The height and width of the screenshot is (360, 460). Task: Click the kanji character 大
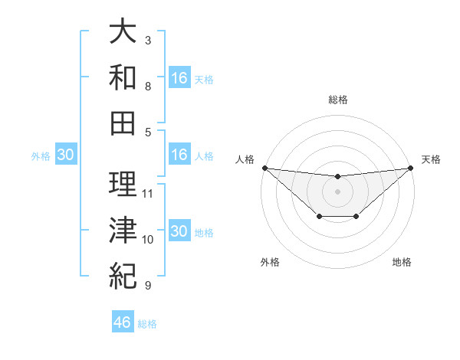[x=123, y=31]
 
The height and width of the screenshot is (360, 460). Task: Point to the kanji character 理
[x=123, y=184]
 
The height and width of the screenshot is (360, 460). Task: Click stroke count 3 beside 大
[x=148, y=40]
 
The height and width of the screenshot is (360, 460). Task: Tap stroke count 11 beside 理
[x=149, y=193]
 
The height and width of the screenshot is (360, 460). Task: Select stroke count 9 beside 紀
[x=148, y=286]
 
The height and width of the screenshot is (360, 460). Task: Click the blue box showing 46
[x=123, y=322]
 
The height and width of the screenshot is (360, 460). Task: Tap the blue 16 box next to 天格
[x=179, y=78]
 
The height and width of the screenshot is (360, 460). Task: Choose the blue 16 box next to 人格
[x=179, y=155]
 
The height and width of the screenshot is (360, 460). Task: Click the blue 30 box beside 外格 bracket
[x=65, y=155]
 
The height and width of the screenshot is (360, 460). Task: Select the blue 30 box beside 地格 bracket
[x=179, y=232]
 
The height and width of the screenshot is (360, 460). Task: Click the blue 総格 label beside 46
[x=147, y=324]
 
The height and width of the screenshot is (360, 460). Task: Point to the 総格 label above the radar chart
[x=338, y=100]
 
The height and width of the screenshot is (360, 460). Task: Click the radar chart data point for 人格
[x=264, y=168]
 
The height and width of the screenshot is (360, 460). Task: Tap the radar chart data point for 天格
[x=411, y=168]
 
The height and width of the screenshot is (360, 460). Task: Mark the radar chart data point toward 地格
[x=356, y=218]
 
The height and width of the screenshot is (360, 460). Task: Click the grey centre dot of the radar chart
[x=337, y=191]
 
